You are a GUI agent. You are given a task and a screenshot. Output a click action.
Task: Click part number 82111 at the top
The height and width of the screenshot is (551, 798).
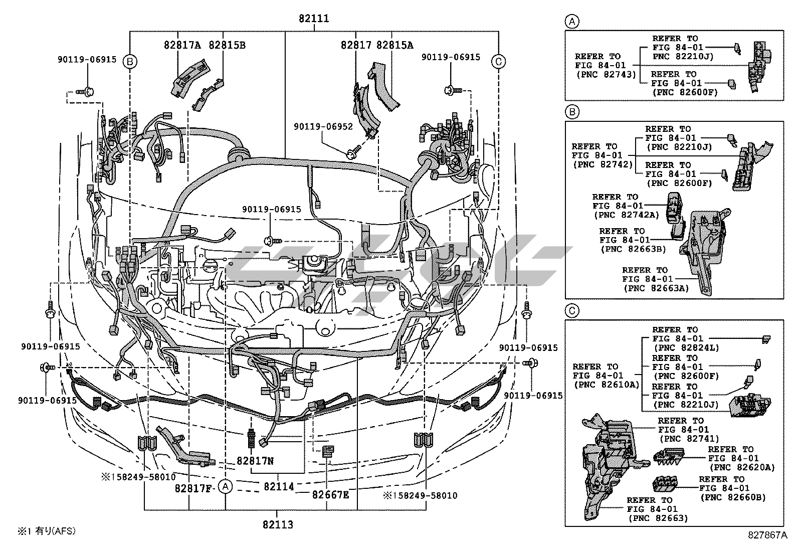(314, 19)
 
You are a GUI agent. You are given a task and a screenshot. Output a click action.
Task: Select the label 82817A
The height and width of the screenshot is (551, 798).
(182, 45)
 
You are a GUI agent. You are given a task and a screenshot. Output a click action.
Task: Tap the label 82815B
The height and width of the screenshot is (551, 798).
(227, 45)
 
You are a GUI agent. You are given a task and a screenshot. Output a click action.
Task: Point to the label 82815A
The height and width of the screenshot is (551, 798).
(395, 45)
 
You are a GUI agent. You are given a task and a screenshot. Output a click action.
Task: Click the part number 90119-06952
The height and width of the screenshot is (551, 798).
(323, 127)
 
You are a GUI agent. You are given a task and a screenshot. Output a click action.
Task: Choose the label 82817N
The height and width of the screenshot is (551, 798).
(255, 460)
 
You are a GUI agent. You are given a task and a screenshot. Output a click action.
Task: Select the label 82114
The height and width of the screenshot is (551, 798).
(279, 486)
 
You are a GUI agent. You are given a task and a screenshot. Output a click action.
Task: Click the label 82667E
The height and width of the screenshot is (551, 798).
(330, 495)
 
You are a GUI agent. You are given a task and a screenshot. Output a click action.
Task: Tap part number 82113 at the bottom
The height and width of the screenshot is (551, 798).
(278, 525)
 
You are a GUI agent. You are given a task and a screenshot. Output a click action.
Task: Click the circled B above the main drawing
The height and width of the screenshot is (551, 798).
(130, 61)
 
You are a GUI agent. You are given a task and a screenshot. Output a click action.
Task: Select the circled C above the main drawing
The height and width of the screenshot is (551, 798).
(498, 61)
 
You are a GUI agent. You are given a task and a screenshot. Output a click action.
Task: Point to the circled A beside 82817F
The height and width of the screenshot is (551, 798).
(226, 486)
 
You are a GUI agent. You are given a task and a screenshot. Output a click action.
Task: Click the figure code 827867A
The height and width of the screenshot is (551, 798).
(768, 535)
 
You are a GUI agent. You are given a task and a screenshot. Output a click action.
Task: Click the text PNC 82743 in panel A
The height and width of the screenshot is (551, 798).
(605, 74)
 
